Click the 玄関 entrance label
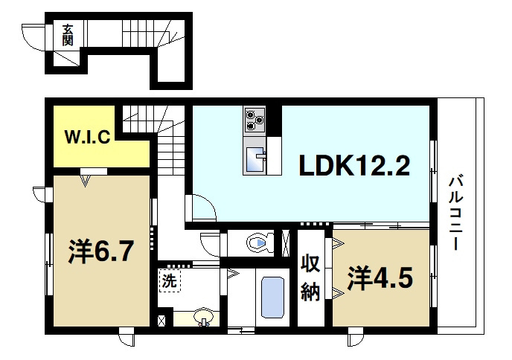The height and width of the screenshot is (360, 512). tap(68, 35)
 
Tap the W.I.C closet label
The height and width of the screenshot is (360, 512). tap(88, 137)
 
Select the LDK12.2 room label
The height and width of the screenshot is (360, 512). tap(354, 165)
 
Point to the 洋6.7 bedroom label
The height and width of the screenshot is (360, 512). tap(101, 251)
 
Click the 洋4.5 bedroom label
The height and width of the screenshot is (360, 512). tap(380, 278)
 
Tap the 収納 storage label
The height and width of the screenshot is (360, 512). tap(310, 277)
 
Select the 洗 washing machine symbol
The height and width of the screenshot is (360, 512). tap(170, 280)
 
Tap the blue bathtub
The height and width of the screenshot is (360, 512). tap(272, 298)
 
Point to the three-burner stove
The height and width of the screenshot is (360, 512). tap(255, 119)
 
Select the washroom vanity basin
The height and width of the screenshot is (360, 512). tap(203, 318)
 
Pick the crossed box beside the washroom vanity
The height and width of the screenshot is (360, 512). tap(161, 321)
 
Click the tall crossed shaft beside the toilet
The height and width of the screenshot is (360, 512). tap(285, 243)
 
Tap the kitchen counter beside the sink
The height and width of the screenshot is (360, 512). tap(275, 155)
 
